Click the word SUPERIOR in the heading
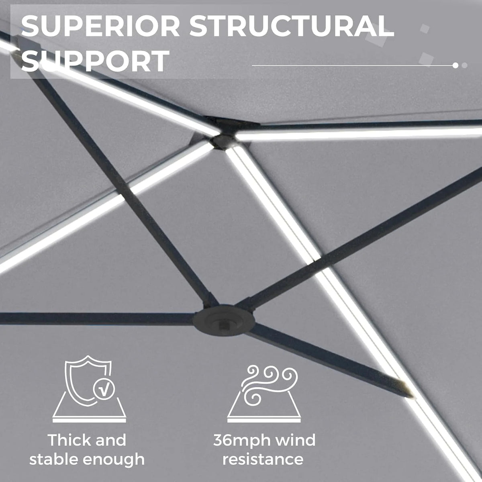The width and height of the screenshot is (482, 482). (x=100, y=26)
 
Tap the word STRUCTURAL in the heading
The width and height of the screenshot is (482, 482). (x=292, y=26)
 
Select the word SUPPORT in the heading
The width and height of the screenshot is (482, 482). (x=95, y=61)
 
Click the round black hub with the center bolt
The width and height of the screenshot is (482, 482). (x=224, y=320)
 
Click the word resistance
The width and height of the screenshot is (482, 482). (x=263, y=459)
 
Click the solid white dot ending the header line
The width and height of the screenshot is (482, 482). (x=455, y=65)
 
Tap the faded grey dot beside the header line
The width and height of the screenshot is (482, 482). (x=464, y=65)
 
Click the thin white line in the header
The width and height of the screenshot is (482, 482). (x=352, y=65)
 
